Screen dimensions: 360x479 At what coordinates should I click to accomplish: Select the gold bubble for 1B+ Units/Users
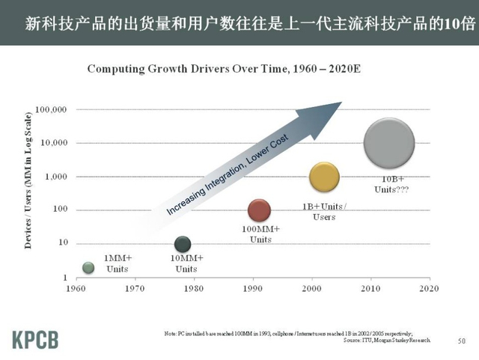(x=324, y=177)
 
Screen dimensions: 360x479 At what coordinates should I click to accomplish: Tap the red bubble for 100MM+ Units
(x=259, y=210)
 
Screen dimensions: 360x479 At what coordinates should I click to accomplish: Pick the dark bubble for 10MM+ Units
(x=182, y=244)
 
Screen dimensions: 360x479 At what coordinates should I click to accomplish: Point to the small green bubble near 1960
(x=88, y=267)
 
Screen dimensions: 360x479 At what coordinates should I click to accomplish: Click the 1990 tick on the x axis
(x=252, y=288)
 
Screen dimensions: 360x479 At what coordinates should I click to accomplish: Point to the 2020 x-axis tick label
(x=429, y=288)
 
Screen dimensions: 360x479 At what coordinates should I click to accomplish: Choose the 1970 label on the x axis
(x=135, y=288)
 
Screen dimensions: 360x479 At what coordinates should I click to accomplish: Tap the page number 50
(x=461, y=341)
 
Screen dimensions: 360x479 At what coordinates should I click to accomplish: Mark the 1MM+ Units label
(x=118, y=263)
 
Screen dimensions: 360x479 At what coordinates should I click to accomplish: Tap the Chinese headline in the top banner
(x=239, y=22)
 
